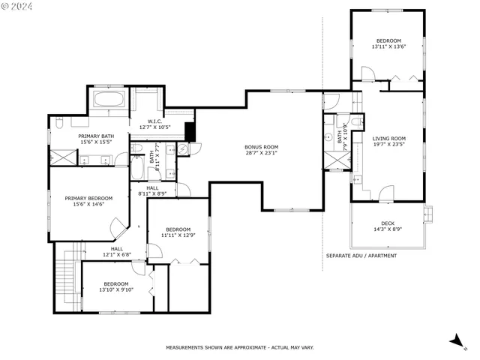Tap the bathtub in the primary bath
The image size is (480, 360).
pyautogui.click(x=109, y=99)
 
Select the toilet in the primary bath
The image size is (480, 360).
pyautogui.click(x=59, y=121)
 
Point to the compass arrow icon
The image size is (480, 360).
pyautogui.click(x=456, y=341)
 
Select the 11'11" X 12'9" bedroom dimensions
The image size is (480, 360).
pyautogui.click(x=178, y=235)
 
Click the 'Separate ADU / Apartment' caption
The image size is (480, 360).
pyautogui.click(x=361, y=256)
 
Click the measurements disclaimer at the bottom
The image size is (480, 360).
pyautogui.click(x=239, y=347)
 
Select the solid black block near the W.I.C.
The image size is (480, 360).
pyautogui.click(x=190, y=131)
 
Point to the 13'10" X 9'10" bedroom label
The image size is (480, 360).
pyautogui.click(x=115, y=289)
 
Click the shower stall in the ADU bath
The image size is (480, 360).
pyautogui.click(x=329, y=160)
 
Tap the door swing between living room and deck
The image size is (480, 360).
pyautogui.click(x=385, y=194)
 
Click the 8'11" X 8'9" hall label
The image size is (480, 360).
pyautogui.click(x=152, y=190)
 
